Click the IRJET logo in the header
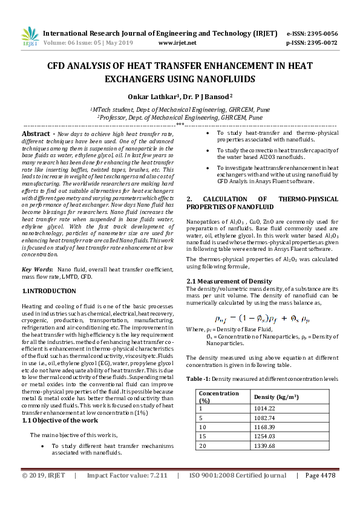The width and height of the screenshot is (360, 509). pyautogui.click(x=30, y=37)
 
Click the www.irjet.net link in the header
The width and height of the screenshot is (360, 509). pyautogui.click(x=177, y=43)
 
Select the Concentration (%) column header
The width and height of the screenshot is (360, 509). pyautogui.click(x=219, y=397)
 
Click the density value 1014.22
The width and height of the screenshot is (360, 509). pyautogui.click(x=265, y=408)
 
